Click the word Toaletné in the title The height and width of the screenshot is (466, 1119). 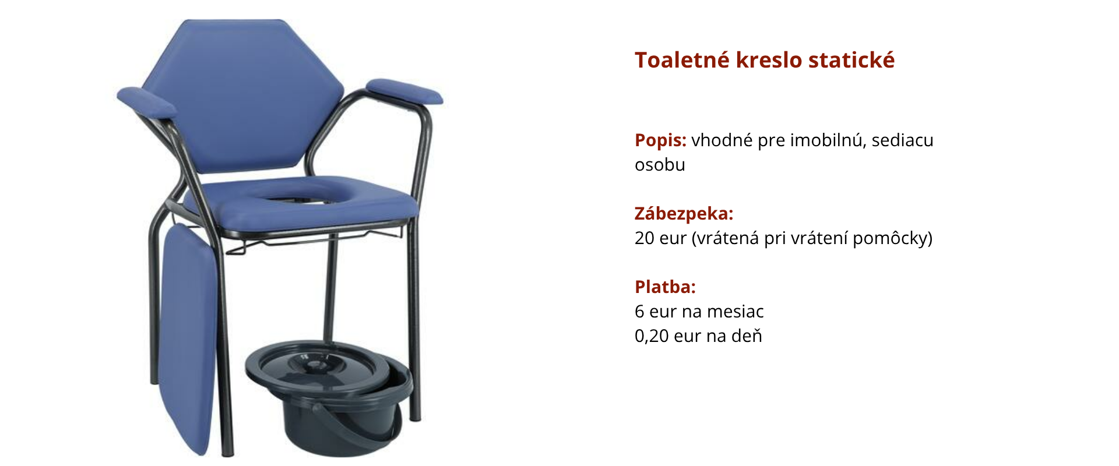tap(681, 60)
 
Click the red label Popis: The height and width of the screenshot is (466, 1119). tap(660, 140)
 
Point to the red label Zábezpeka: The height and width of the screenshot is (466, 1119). tap(684, 214)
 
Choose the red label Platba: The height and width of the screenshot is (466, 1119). tap(665, 287)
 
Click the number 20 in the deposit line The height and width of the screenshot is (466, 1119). tap(645, 238)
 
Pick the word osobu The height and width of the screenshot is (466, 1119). tap(660, 165)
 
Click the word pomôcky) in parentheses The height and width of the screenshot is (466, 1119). tap(892, 239)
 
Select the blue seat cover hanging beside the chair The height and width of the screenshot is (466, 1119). tap(188, 338)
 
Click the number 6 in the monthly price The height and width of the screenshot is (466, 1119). tap(639, 312)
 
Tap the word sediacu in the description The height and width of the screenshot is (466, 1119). tap(903, 140)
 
